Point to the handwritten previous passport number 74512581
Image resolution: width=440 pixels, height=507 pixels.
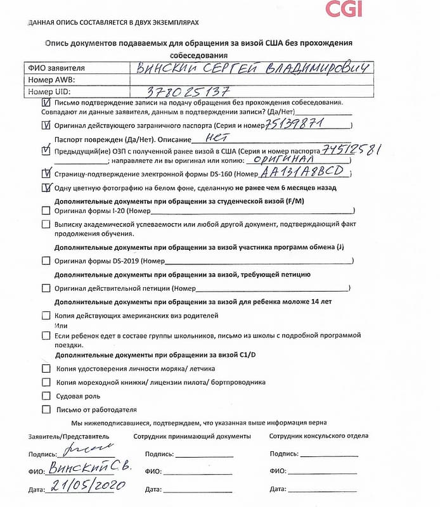click(351, 150)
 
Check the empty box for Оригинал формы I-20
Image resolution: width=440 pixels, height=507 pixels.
click(46, 210)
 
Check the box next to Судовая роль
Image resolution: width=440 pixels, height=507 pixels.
click(46, 395)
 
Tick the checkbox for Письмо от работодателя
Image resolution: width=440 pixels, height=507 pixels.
click(46, 409)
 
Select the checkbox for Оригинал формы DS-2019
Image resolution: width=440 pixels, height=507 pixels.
click(46, 260)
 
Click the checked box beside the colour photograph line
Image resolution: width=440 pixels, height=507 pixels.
click(46, 188)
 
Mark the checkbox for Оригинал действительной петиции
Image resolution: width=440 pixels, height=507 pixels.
click(46, 288)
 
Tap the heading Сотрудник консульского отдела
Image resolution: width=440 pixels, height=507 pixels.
click(318, 436)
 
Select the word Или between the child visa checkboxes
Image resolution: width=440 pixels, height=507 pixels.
click(61, 324)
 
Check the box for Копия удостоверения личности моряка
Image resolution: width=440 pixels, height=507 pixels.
click(46, 368)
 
